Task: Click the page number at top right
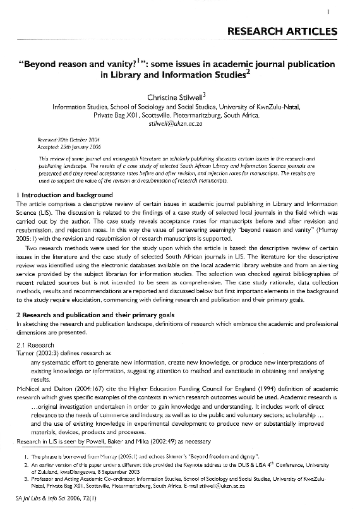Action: click(349, 11)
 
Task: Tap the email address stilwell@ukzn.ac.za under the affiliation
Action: click(179, 124)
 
